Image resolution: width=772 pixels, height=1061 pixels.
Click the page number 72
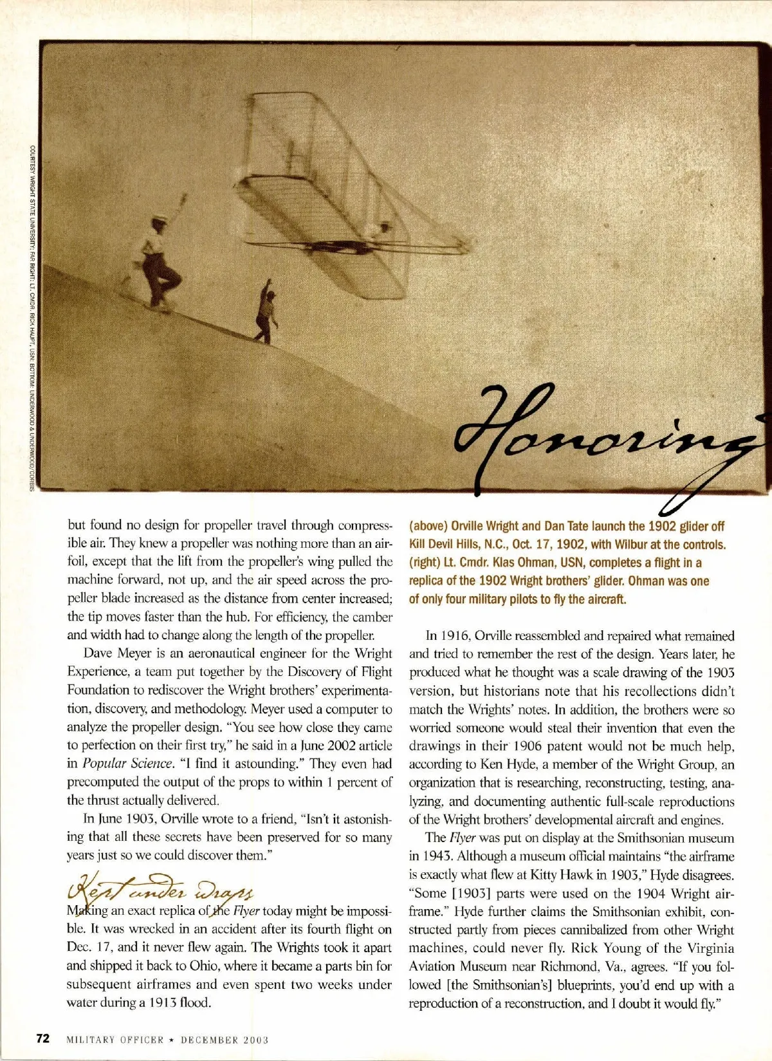click(x=42, y=1038)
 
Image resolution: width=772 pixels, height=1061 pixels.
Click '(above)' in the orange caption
click(x=428, y=526)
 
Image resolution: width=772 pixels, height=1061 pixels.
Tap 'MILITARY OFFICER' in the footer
click(x=115, y=1039)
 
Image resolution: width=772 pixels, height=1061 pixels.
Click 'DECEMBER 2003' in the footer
click(x=224, y=1039)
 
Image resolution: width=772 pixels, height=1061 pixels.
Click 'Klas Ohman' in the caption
click(x=526, y=563)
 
